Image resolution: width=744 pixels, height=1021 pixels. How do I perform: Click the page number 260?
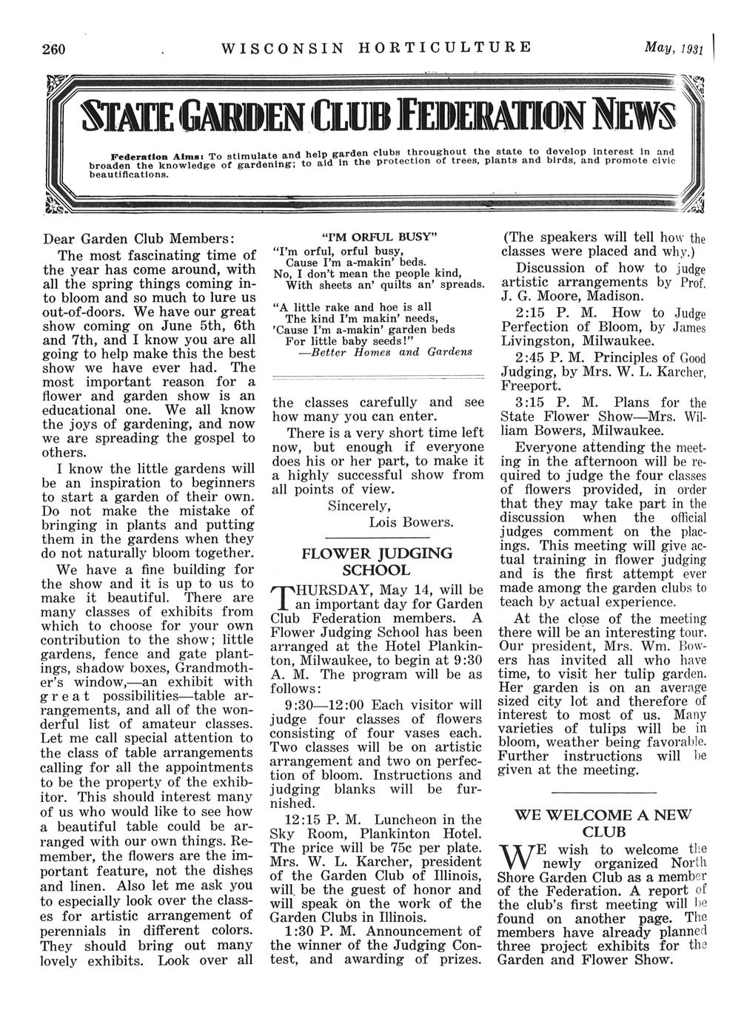pos(54,50)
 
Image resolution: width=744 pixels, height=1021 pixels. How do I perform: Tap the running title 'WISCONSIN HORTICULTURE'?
pos(377,49)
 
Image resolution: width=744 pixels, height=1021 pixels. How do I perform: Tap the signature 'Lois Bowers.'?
pos(411,522)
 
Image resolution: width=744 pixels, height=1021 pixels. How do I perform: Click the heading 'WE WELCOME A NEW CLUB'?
pos(602,823)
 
